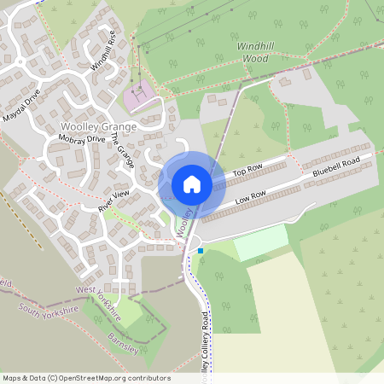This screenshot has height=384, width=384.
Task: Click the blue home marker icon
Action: pyautogui.click(x=192, y=184)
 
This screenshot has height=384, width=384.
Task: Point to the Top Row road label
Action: pyautogui.click(x=247, y=173)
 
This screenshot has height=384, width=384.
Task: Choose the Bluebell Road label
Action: pyautogui.click(x=336, y=166)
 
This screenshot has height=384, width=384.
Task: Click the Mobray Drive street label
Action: pyautogui.click(x=82, y=138)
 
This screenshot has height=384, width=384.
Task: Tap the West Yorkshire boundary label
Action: pyautogui.click(x=98, y=302)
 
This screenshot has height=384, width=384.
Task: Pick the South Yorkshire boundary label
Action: pyautogui.click(x=40, y=307)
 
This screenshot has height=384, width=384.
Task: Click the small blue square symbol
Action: pyautogui.click(x=201, y=251)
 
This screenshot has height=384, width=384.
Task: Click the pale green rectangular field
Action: pyautogui.click(x=261, y=245)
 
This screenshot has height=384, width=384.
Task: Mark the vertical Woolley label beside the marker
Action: pyautogui.click(x=183, y=220)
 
